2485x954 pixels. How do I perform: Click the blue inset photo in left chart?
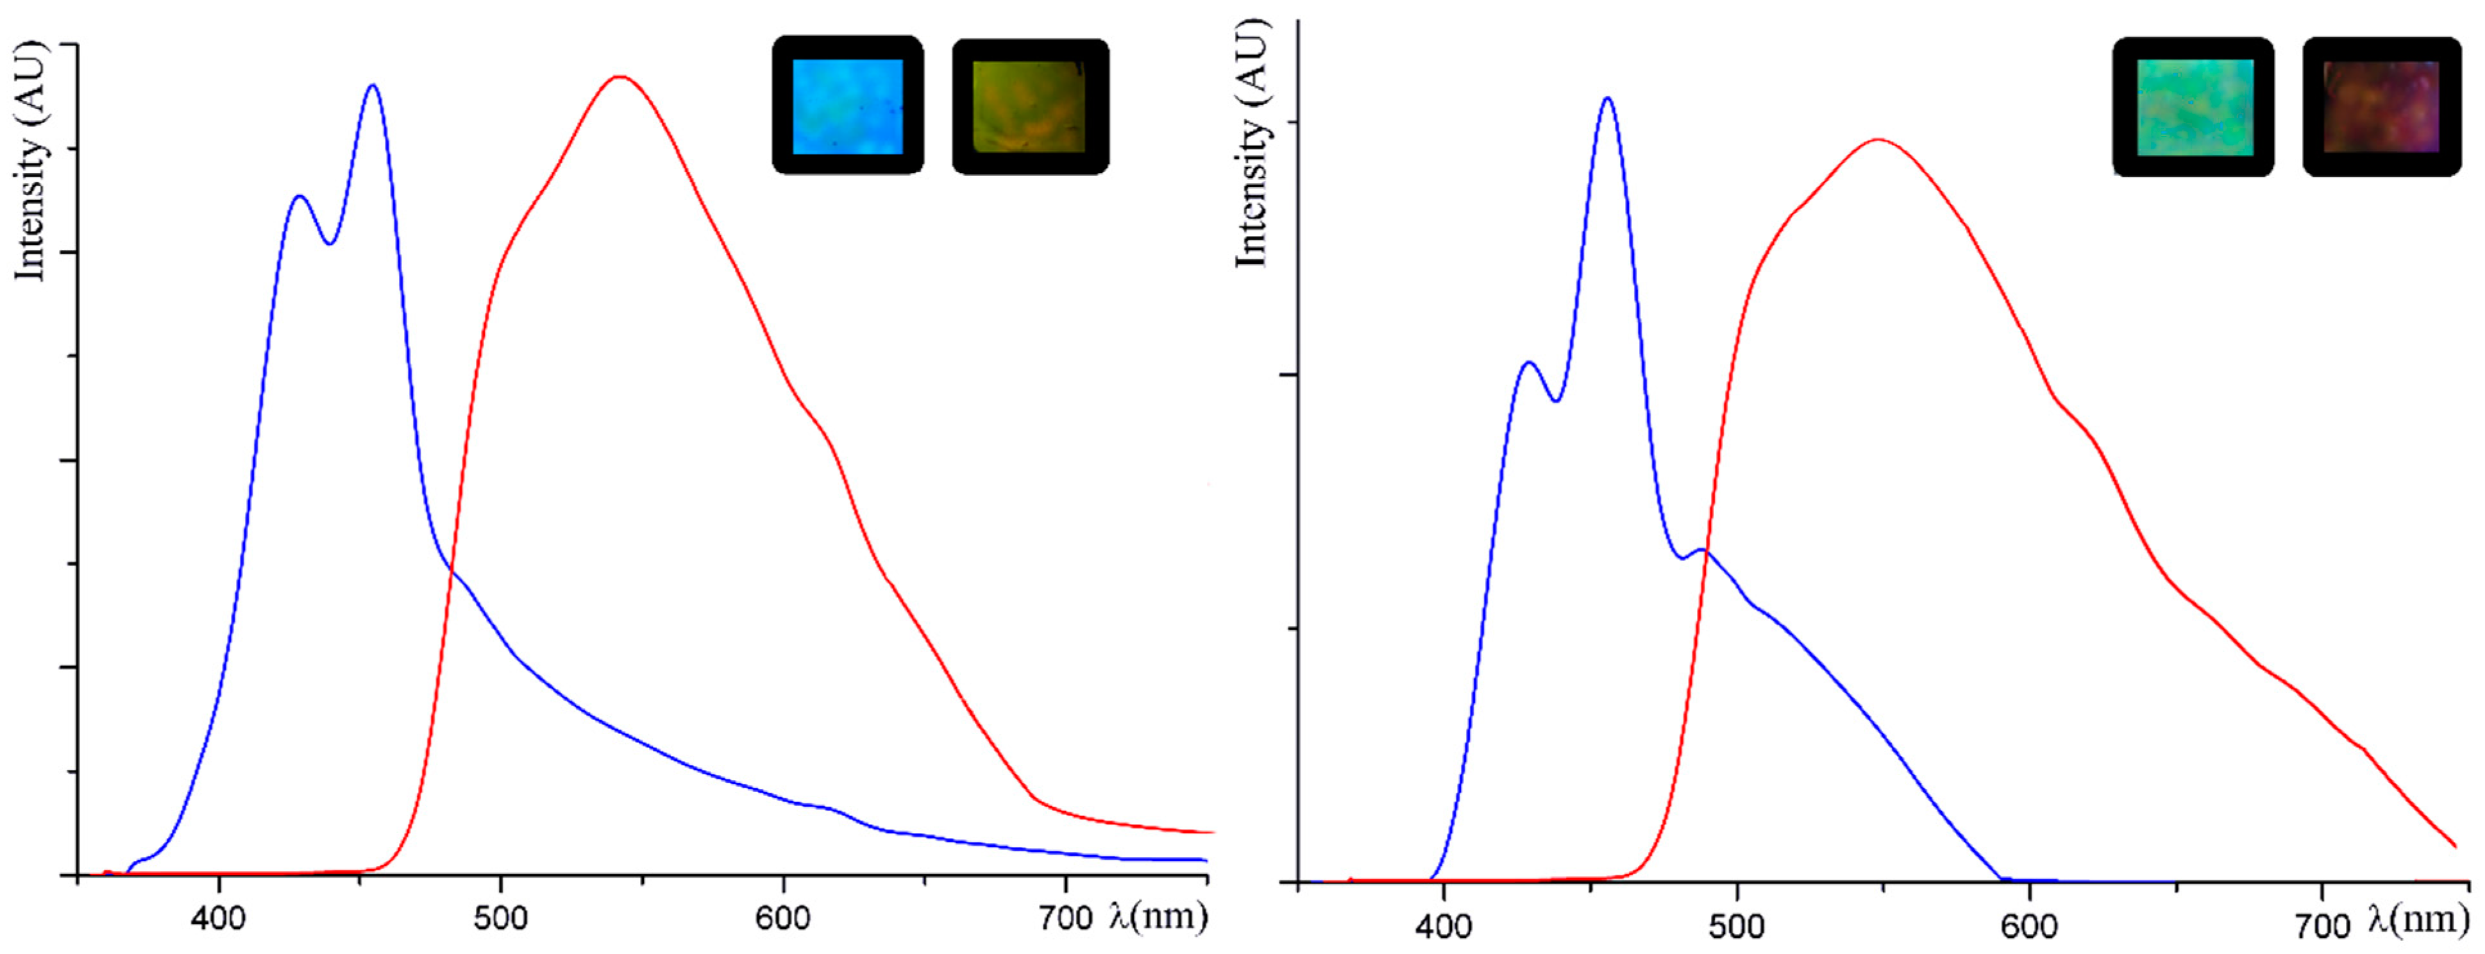coord(847,106)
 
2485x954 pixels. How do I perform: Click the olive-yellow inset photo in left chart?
coord(1029,107)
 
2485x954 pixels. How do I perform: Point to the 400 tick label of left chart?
coord(218,917)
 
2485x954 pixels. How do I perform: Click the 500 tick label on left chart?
coord(501,917)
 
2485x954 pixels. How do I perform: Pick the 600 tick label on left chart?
coord(782,917)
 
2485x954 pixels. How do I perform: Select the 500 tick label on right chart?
coord(1737,926)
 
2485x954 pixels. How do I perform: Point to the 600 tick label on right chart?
coord(2030,926)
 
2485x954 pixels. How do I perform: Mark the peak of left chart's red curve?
coord(619,76)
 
